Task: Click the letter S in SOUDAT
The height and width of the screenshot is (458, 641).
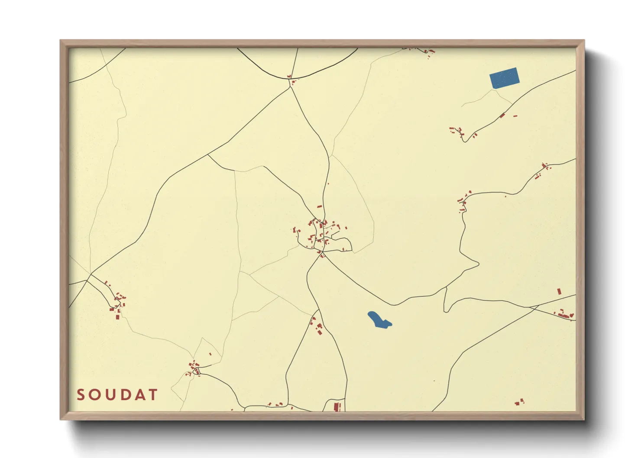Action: [x=81, y=395]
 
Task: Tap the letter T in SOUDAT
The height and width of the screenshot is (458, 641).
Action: [x=153, y=395]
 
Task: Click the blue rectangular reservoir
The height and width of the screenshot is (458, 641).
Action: [x=504, y=78]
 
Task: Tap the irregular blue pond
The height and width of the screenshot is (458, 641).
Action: [x=379, y=320]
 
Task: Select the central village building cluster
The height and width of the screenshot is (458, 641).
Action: [x=321, y=234]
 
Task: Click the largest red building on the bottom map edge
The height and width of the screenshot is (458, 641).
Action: [x=336, y=406]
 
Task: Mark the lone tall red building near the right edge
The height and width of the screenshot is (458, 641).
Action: [x=559, y=291]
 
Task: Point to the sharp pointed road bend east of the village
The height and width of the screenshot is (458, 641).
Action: [x=478, y=262]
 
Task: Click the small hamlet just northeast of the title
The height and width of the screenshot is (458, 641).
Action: [x=194, y=368]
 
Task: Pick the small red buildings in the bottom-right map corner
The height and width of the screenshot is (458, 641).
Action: [x=519, y=402]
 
